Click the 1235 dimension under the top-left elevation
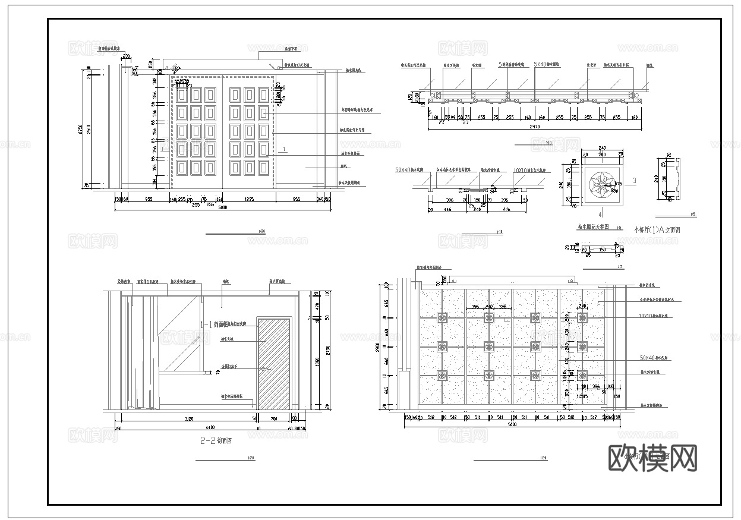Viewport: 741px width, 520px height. point(249,200)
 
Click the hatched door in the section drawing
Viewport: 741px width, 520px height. point(274,364)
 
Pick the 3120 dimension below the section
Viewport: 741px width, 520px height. point(189,420)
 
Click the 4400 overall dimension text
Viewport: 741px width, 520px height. point(210,428)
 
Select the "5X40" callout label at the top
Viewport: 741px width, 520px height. point(540,64)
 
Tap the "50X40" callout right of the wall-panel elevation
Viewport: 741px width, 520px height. point(647,358)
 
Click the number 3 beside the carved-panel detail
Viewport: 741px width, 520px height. point(635,180)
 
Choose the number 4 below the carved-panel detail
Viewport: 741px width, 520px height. point(600,214)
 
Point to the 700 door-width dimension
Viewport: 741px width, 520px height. point(273,420)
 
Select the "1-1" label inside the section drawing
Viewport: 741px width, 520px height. point(207,324)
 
